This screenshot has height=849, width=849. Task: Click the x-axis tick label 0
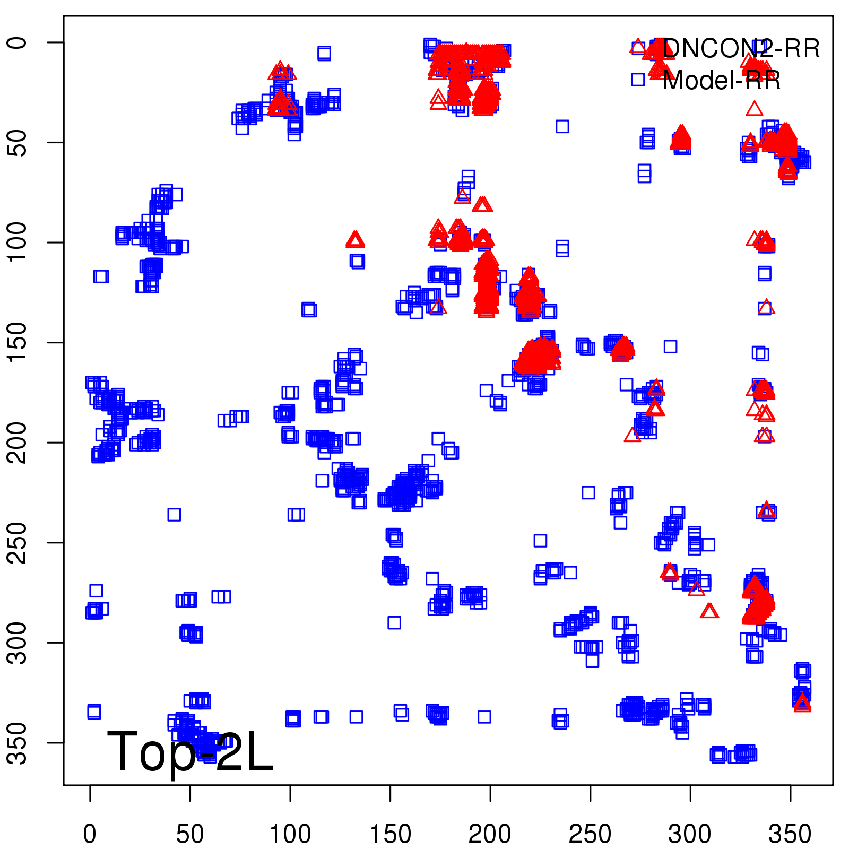coord(90,834)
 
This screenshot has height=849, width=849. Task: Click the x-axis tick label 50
coord(190,834)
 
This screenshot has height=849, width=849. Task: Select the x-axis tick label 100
coord(290,834)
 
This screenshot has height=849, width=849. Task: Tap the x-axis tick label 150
coord(390,834)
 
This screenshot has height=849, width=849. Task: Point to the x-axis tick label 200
coord(490,834)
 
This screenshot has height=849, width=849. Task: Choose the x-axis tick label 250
coord(590,834)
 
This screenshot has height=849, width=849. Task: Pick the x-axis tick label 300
coord(690,834)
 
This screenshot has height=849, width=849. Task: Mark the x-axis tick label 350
coord(790,834)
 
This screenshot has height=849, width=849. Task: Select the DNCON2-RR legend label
coord(741,49)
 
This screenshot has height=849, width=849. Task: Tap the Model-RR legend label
coord(722,81)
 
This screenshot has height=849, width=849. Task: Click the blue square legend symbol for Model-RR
coord(638,80)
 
